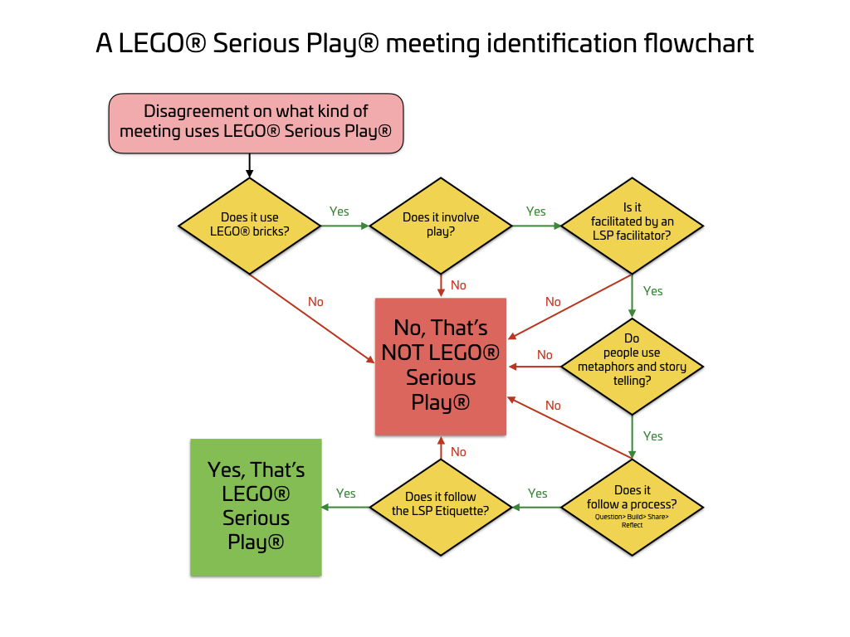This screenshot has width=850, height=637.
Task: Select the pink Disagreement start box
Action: click(x=256, y=123)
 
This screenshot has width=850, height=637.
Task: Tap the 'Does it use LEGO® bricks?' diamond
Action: click(x=250, y=225)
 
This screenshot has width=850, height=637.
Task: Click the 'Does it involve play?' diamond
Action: click(x=441, y=225)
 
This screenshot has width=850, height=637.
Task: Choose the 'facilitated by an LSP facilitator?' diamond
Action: click(x=633, y=225)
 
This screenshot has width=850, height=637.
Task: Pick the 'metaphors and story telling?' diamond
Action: click(x=633, y=367)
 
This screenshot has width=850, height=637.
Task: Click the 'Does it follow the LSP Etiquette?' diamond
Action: click(x=441, y=507)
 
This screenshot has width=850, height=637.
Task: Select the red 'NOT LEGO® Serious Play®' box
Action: click(x=441, y=367)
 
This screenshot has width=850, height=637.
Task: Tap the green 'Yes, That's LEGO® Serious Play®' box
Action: click(x=256, y=507)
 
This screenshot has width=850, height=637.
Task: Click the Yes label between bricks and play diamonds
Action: click(x=340, y=212)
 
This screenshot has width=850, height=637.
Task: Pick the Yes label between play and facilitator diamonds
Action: click(x=536, y=212)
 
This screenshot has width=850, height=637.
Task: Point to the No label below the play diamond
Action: click(x=458, y=285)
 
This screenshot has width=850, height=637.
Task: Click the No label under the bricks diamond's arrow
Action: click(x=315, y=302)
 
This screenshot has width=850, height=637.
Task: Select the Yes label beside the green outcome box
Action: click(x=346, y=494)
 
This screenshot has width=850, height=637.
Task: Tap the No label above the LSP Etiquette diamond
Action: click(x=458, y=452)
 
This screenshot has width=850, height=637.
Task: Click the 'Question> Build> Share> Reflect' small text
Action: click(x=632, y=521)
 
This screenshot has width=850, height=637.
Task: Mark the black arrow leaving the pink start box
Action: click(x=249, y=165)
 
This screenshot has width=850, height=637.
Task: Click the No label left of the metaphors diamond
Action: click(x=545, y=355)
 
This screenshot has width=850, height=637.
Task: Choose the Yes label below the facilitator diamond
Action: click(x=653, y=291)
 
